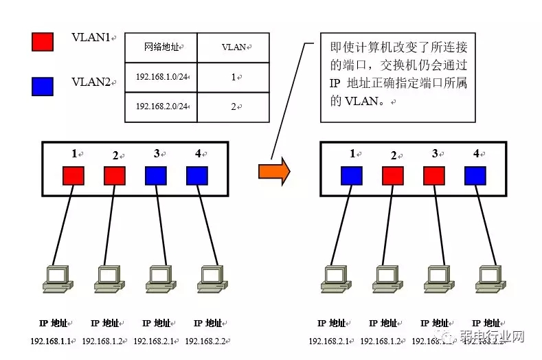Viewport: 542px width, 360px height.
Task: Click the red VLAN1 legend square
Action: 42,41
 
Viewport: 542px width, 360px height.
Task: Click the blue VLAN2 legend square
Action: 42,86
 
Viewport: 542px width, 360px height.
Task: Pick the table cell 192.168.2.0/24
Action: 162,106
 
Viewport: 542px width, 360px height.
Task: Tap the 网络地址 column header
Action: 162,47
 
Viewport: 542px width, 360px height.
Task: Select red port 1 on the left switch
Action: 74,176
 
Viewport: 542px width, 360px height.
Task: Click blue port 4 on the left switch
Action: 197,176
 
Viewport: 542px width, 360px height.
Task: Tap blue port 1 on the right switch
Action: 352,176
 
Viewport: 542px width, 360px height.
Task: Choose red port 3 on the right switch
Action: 434,176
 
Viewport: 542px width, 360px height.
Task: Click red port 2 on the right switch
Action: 393,176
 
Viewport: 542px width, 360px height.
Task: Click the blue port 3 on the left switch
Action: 156,176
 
